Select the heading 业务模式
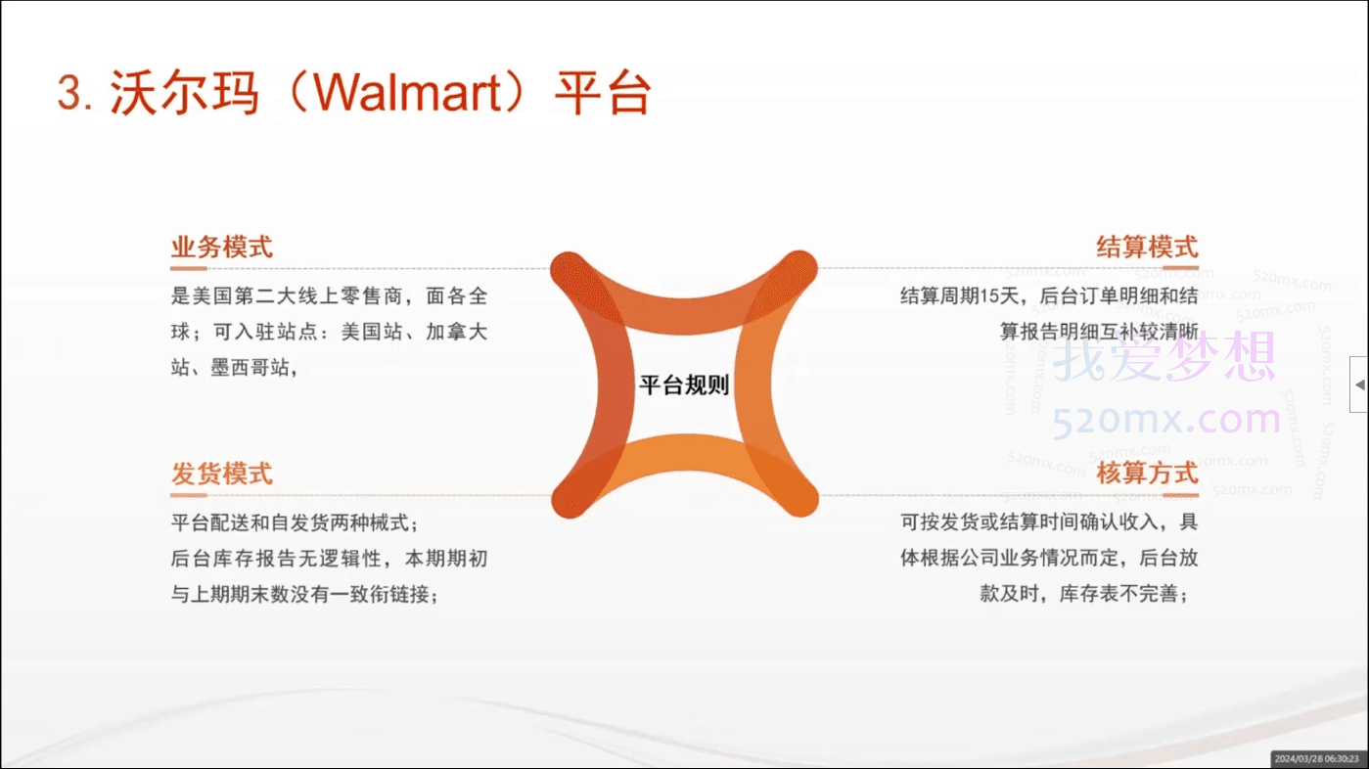click(221, 247)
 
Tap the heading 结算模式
click(1147, 247)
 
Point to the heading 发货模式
click(221, 474)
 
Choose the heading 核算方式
click(1147, 474)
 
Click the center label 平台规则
click(684, 385)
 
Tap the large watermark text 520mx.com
click(1166, 420)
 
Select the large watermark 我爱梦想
click(1164, 356)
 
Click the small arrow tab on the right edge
click(1359, 384)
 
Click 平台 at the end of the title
click(603, 93)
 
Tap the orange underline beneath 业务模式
click(188, 268)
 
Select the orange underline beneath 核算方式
click(1180, 495)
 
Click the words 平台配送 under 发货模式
click(210, 522)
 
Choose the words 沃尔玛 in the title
click(185, 93)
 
